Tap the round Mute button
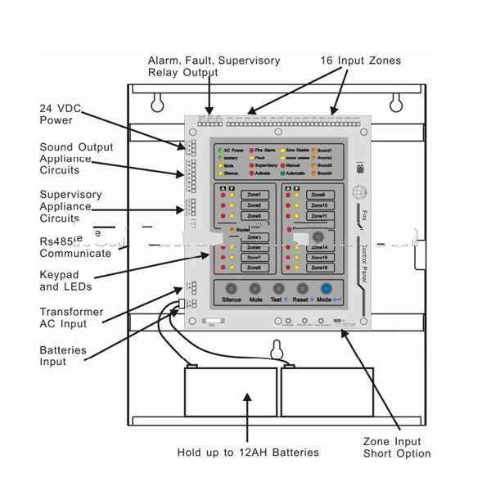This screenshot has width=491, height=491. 255,289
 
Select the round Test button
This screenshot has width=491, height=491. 279,289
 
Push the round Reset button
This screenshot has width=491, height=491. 304,289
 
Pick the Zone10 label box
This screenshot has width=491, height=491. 318,205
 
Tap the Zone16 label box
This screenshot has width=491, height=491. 318,268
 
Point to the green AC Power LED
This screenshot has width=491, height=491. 220,151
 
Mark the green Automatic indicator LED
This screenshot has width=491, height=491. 282,173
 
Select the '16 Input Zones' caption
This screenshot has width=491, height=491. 360,61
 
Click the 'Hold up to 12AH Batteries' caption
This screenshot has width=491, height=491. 248,453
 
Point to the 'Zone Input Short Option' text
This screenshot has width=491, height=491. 397,447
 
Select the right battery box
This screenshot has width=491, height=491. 327,396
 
